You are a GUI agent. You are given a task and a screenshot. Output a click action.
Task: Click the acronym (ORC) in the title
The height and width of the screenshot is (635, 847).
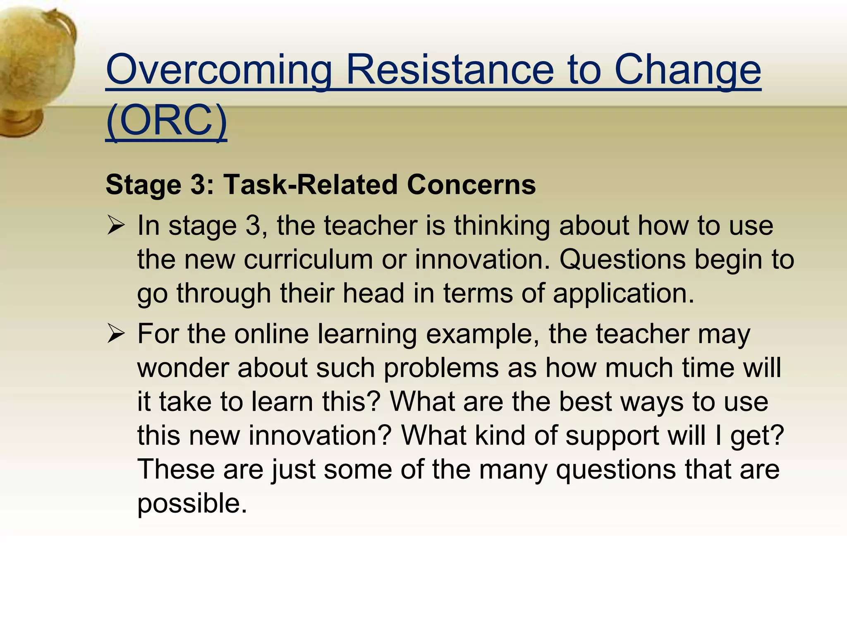166,121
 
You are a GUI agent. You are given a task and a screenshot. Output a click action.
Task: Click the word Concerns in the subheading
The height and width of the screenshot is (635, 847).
471,184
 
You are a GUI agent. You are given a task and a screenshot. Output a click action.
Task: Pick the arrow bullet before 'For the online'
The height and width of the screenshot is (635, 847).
115,334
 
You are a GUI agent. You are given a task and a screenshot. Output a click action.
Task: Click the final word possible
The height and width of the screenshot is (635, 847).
192,504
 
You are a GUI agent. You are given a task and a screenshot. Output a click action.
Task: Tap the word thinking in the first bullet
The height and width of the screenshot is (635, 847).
502,226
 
